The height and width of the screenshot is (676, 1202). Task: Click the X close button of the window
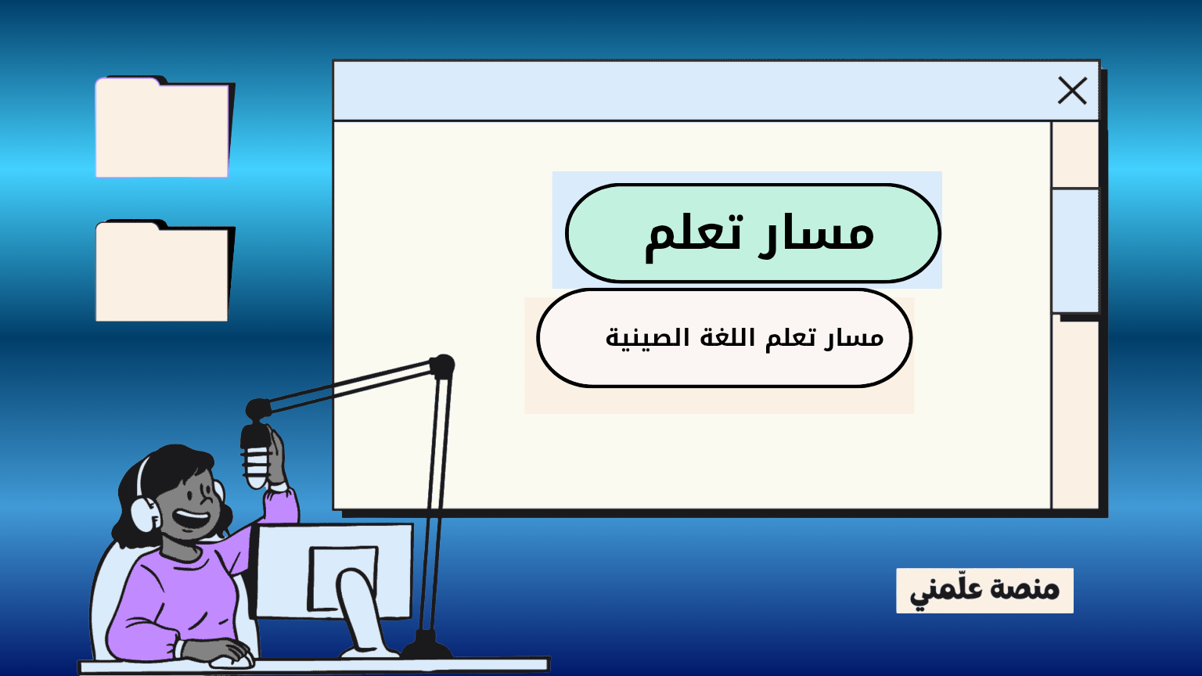(x=1072, y=90)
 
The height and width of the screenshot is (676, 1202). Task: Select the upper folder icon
(x=164, y=128)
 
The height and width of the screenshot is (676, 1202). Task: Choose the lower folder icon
(x=164, y=271)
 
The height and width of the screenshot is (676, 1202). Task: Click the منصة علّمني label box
(x=984, y=590)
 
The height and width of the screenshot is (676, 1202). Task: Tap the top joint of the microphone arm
(x=442, y=366)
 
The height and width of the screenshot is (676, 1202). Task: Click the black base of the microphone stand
(x=426, y=645)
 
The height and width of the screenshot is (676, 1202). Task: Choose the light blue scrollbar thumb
(x=1074, y=250)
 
